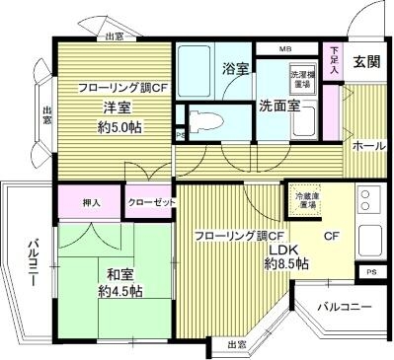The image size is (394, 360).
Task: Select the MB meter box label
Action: click(x=285, y=48)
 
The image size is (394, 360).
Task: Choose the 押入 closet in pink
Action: click(x=90, y=202)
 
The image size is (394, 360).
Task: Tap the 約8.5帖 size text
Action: click(x=289, y=264)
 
